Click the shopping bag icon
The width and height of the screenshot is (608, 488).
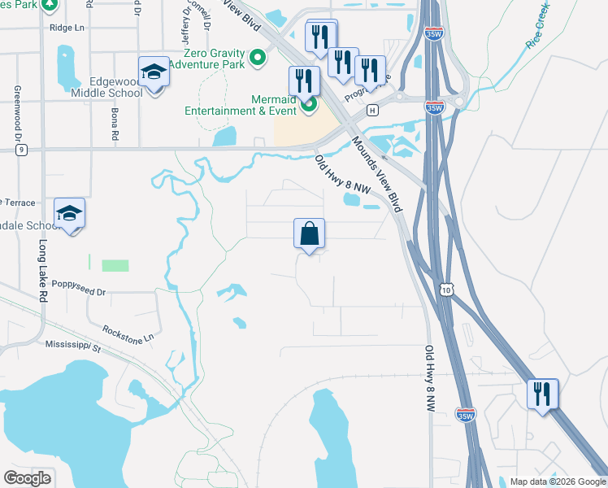[x=309, y=234]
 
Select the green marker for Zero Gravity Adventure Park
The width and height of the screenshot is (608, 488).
[x=258, y=57]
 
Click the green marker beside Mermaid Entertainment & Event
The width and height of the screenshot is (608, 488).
[x=308, y=104]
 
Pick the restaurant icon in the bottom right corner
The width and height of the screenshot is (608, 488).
[x=542, y=394]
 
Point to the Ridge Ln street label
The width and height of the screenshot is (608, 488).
[x=67, y=28]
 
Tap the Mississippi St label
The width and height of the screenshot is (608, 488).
[x=72, y=347]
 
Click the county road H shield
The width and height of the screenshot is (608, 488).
[x=372, y=110]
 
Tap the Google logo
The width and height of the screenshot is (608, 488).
[x=27, y=477]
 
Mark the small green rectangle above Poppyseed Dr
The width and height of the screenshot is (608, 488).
[x=115, y=265]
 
